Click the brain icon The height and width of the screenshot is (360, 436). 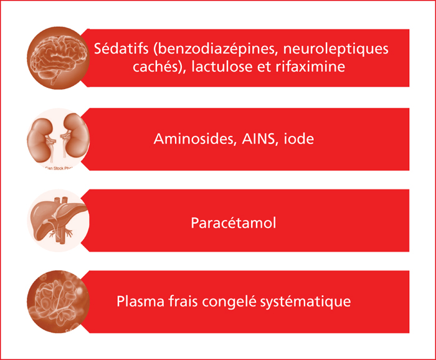pos(58,58)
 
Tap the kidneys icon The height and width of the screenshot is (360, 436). pos(58,140)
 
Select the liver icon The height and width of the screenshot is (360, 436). pos(58,220)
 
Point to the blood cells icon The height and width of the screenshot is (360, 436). pos(58,301)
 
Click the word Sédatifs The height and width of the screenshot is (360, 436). pos(121,49)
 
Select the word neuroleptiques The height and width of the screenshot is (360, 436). pos(336,49)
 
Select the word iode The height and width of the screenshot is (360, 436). pos(298,138)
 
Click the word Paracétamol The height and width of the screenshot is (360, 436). pos(234,223)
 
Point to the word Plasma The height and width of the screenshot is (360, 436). pos(140,301)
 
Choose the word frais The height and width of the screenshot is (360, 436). pos(183,301)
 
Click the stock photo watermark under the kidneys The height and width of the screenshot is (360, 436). pos(59,168)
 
